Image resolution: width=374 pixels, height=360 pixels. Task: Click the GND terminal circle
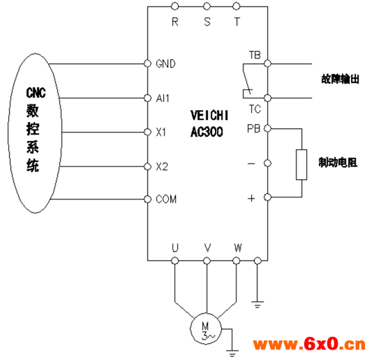pos(148,63)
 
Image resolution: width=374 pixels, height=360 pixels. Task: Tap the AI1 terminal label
pos(163,98)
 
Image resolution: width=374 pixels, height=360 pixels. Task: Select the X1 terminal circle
pos(148,132)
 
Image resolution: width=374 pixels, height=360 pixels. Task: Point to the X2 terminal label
pos(162,166)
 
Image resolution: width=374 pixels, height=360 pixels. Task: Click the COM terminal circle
pos(148,200)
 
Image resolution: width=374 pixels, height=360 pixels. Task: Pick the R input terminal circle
pos(175,6)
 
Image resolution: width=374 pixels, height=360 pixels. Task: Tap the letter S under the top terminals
pos(207,22)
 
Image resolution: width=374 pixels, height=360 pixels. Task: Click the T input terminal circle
pos(236,6)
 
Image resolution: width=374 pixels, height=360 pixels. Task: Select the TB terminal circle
pos(268,63)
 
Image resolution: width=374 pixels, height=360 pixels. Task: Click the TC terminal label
pos(255,110)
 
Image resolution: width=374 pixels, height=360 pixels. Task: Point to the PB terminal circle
pos(268,128)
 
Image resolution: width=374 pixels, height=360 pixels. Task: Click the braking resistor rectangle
pos(301,165)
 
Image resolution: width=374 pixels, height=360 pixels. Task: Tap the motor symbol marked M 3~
pos(206,329)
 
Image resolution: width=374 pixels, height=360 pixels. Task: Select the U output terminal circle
pos(175,260)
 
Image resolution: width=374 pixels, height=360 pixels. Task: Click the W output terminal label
pos(238,248)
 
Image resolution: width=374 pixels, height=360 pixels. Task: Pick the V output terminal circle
pos(207,260)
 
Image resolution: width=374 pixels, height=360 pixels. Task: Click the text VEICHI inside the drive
pos(209,116)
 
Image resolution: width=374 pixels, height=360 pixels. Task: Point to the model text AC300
pos(207,132)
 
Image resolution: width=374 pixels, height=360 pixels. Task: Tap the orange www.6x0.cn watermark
pos(309,344)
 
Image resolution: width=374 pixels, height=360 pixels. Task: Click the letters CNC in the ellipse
pos(36,93)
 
